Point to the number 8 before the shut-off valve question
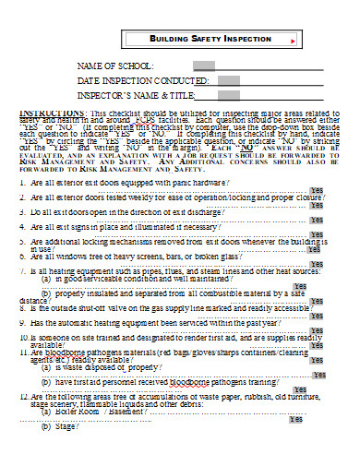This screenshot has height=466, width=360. click(22, 309)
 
